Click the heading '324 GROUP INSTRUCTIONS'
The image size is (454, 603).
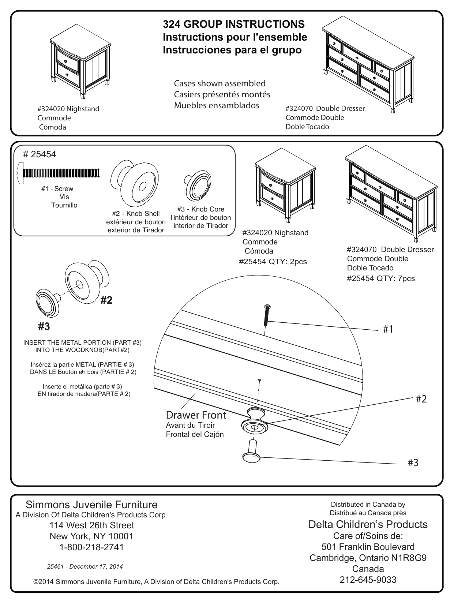click(233, 24)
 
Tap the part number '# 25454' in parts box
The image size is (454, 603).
click(40, 154)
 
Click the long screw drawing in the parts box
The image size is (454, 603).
click(59, 172)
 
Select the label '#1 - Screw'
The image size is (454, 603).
click(57, 189)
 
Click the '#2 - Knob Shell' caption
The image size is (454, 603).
click(136, 214)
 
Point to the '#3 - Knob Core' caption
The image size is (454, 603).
click(200, 209)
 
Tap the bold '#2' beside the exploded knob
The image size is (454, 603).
click(106, 300)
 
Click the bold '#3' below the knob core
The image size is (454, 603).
click(44, 326)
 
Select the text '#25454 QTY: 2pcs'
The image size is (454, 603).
click(273, 262)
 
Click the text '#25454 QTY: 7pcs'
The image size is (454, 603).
click(381, 278)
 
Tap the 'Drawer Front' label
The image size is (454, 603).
click(196, 415)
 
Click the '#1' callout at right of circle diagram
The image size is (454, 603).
click(388, 329)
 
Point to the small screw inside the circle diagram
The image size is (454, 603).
click(267, 315)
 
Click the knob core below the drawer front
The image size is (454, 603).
click(252, 452)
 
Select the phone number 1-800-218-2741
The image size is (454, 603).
click(91, 547)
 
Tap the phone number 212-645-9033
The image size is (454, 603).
click(368, 580)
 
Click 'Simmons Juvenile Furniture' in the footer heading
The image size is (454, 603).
click(91, 505)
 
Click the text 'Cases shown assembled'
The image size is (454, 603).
click(220, 83)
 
